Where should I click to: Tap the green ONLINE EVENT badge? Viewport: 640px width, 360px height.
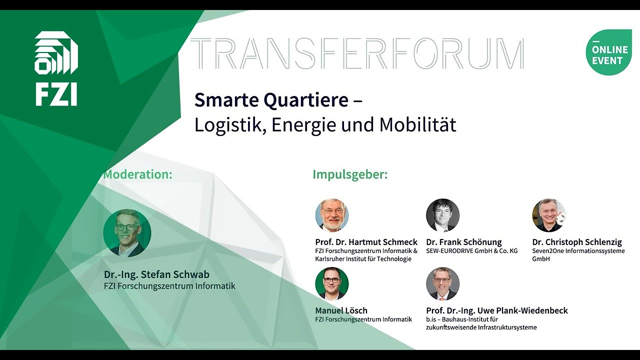(608, 52)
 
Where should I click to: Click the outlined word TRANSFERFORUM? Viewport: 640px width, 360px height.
(357, 53)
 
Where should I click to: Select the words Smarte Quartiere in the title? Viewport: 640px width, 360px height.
(271, 100)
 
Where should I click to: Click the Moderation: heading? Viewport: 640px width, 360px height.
(137, 174)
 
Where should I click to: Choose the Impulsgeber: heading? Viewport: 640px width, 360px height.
(350, 174)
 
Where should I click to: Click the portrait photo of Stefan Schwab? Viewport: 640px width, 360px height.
(127, 233)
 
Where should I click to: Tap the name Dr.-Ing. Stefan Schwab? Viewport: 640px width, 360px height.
(156, 274)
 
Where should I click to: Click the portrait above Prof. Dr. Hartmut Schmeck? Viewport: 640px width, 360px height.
(331, 215)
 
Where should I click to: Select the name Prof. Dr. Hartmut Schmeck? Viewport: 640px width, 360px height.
(366, 242)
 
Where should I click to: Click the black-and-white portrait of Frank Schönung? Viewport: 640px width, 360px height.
(442, 215)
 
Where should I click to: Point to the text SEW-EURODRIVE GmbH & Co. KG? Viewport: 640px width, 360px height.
(471, 251)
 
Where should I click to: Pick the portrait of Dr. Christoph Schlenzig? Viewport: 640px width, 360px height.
(548, 215)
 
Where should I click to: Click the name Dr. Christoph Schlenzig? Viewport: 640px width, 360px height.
(577, 242)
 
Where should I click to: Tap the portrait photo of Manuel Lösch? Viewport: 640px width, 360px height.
(331, 283)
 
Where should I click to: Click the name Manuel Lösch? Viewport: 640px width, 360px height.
(341, 310)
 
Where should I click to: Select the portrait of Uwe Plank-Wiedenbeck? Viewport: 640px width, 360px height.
(442, 283)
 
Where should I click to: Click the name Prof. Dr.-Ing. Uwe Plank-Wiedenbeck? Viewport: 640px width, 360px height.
(496, 310)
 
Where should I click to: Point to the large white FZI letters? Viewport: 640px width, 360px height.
(56, 95)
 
